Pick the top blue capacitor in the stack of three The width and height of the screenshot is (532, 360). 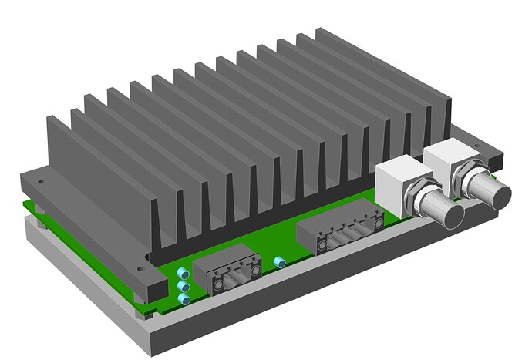click(x=183, y=274)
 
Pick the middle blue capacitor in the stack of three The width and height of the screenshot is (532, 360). click(x=184, y=286)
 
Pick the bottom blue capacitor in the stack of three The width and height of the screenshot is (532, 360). click(x=184, y=298)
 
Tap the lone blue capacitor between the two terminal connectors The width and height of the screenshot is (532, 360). click(x=281, y=263)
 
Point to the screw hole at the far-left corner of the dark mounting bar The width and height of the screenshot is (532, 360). click(x=41, y=182)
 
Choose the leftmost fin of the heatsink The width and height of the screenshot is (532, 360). click(x=58, y=154)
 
